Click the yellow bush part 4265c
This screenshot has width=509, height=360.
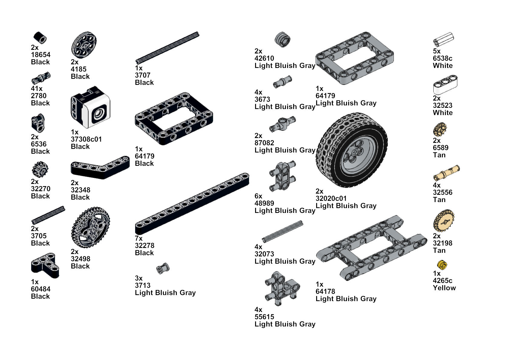(442, 265)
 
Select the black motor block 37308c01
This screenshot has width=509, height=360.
(90, 107)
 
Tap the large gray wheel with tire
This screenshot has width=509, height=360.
(352, 150)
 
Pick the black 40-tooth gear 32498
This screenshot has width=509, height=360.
(90, 227)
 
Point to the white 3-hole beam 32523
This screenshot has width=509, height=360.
(445, 85)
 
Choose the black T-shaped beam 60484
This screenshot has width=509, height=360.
(45, 265)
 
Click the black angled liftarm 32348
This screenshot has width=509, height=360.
(100, 168)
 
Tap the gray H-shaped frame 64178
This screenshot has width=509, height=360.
(371, 248)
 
